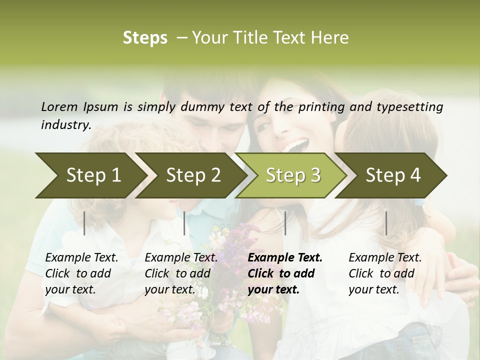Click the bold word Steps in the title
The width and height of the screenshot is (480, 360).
[145, 38]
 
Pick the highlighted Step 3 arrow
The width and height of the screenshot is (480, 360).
[292, 175]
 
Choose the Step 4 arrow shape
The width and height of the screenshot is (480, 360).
[392, 175]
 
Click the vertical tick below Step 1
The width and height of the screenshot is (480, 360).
[84, 223]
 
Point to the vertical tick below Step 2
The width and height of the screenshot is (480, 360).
[184, 223]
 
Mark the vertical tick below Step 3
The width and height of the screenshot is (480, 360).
[285, 223]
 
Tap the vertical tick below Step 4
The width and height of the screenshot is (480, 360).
[386, 223]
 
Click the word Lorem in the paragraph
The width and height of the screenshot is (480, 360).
[59, 106]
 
